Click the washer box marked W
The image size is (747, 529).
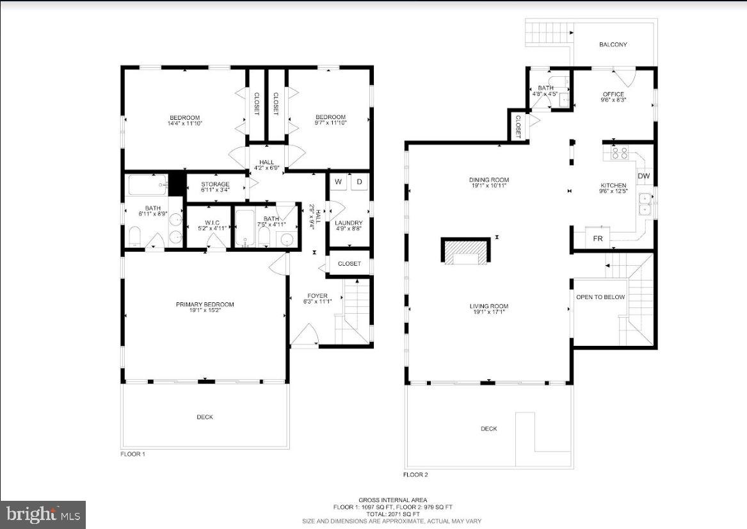click(x=339, y=182)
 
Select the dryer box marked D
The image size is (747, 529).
click(x=359, y=182)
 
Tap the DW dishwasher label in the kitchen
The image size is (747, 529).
click(x=643, y=176)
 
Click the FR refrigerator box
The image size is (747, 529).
click(x=598, y=238)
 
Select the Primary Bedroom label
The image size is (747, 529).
click(x=205, y=304)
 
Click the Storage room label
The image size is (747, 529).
click(x=215, y=184)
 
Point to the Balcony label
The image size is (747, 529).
click(x=613, y=45)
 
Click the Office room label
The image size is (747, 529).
click(x=613, y=95)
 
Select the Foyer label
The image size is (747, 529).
click(x=317, y=296)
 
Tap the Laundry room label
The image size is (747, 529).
click(x=349, y=223)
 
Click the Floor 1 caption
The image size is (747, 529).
click(x=133, y=454)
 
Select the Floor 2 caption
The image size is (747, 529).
click(x=415, y=475)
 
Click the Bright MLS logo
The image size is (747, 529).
click(x=43, y=514)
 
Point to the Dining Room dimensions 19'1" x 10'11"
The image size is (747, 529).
click(x=488, y=186)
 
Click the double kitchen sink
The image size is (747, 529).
click(x=645, y=204)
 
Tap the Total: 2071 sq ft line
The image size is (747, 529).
click(x=393, y=514)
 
